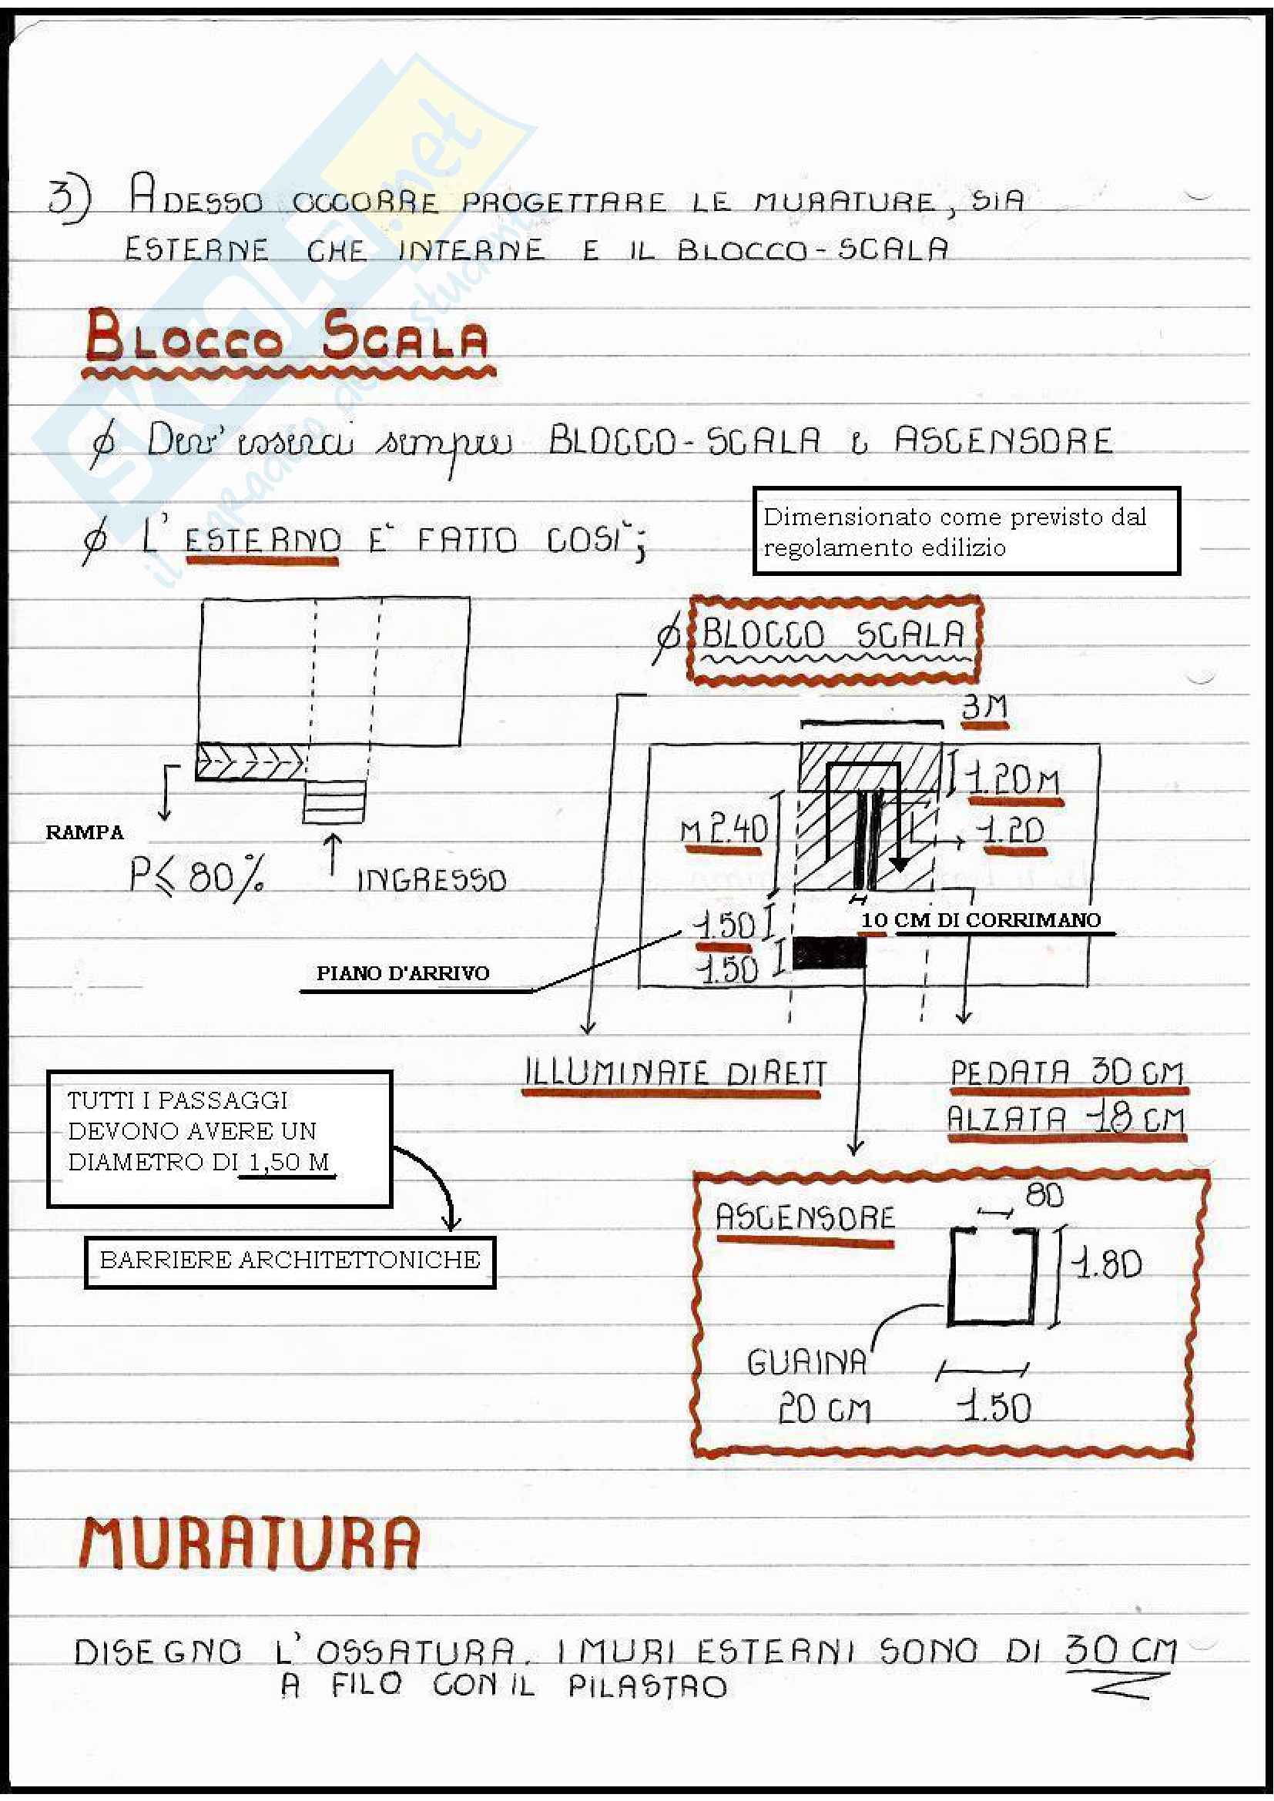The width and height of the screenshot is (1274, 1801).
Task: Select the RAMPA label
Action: [x=84, y=832]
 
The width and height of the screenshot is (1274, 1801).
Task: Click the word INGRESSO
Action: [x=431, y=880]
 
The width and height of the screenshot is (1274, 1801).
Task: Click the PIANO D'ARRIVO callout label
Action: [x=402, y=973]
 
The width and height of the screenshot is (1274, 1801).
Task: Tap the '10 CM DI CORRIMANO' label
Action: [x=981, y=920]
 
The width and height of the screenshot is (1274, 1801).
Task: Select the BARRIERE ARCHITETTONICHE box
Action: [x=290, y=1260]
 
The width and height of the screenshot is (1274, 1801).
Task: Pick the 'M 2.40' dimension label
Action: [x=723, y=829]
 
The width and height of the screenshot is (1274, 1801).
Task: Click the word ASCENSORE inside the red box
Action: [x=805, y=1218]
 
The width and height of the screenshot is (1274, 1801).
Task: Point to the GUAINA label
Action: [x=806, y=1364]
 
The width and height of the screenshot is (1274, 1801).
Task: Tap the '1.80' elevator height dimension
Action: [x=1107, y=1264]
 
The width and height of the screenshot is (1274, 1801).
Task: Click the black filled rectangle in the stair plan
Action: [x=830, y=953]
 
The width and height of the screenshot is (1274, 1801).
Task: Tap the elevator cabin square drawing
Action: [x=991, y=1277]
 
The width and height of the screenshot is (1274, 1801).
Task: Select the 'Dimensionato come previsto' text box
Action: [x=966, y=531]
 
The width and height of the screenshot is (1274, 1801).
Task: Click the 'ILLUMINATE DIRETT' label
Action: [x=675, y=1073]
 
